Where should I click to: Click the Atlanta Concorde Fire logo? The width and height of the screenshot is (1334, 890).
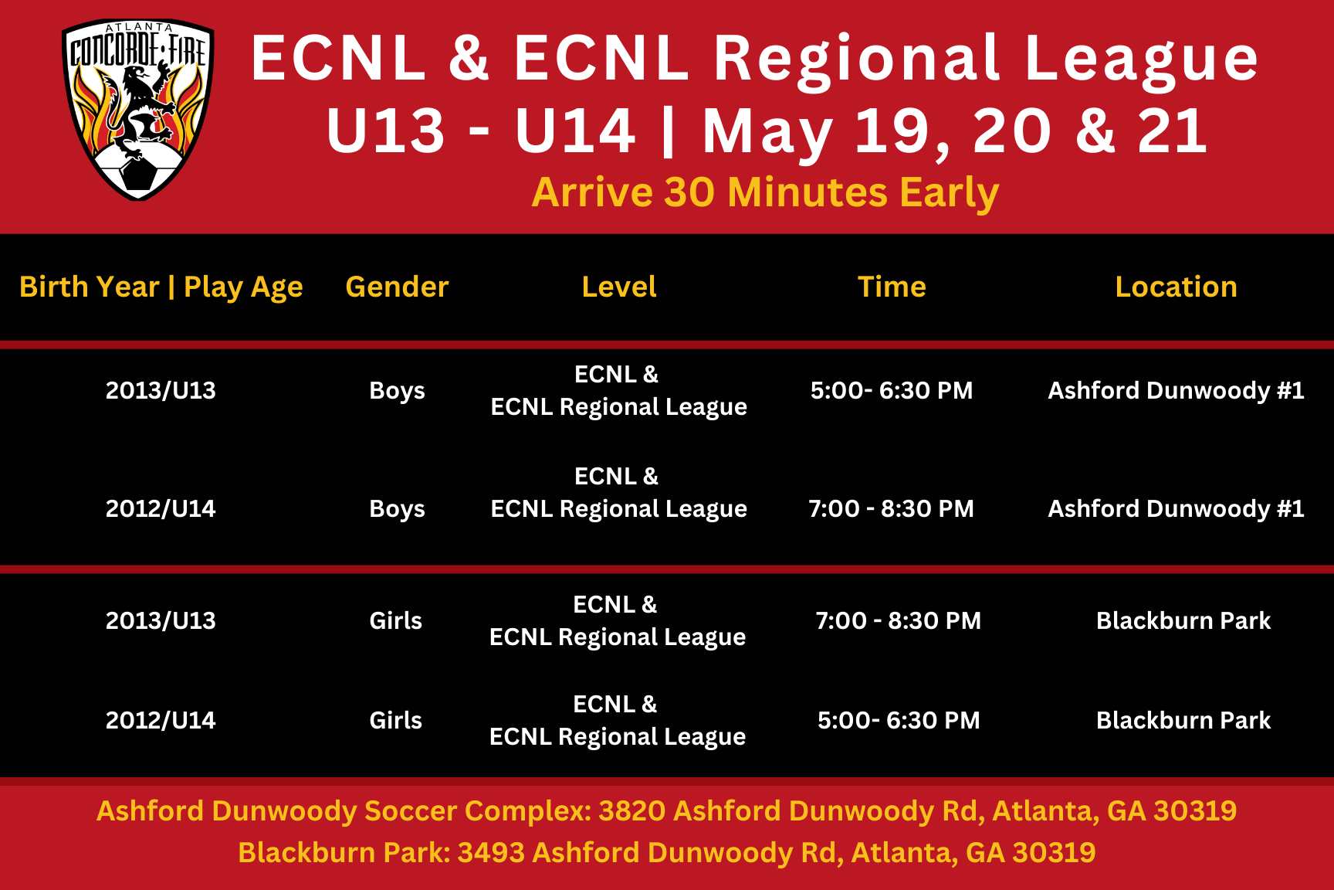137,110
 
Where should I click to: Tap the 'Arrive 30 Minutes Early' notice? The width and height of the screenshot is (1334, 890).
765,193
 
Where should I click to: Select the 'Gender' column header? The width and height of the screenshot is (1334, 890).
397,287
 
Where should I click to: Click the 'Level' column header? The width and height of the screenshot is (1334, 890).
619,287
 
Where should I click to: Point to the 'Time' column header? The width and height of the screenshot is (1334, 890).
892,287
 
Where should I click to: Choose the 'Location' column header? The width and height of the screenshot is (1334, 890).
1176,287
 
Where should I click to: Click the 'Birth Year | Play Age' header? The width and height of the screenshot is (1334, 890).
161,287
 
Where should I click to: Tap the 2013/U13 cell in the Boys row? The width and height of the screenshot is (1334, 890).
161,390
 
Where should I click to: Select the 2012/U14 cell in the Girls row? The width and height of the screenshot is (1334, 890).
161,720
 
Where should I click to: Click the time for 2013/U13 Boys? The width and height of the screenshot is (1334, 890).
892,390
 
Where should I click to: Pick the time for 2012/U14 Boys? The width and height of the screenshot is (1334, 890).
891,508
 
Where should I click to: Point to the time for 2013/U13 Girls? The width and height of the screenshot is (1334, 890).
899,620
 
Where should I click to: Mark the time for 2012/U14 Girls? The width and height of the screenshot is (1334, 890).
899,720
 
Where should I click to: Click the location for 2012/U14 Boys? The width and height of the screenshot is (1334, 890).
1176,508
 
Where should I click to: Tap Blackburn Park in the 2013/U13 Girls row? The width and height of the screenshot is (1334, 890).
1183,620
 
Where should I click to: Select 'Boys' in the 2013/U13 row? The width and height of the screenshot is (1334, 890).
397,391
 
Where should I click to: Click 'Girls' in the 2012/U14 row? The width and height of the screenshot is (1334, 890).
395,720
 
